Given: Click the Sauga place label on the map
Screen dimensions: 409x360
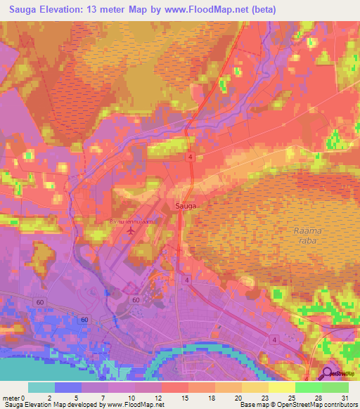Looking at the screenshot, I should [x=185, y=207].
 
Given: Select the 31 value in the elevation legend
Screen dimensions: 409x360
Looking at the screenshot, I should [x=345, y=397].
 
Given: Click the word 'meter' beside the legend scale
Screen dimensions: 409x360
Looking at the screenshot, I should [x=11, y=397].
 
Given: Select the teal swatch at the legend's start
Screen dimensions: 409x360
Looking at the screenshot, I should [x=41, y=387].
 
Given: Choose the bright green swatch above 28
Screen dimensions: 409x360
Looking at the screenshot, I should [x=308, y=387].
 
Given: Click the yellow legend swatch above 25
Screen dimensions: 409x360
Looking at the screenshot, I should [x=281, y=387].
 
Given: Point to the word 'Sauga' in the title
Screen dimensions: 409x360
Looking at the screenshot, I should [x=25, y=10].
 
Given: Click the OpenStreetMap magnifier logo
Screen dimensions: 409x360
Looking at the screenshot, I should [x=328, y=372].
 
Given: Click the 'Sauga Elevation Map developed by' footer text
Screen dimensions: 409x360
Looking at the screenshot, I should [x=52, y=405].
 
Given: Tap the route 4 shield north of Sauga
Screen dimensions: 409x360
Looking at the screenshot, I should [x=190, y=158].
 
